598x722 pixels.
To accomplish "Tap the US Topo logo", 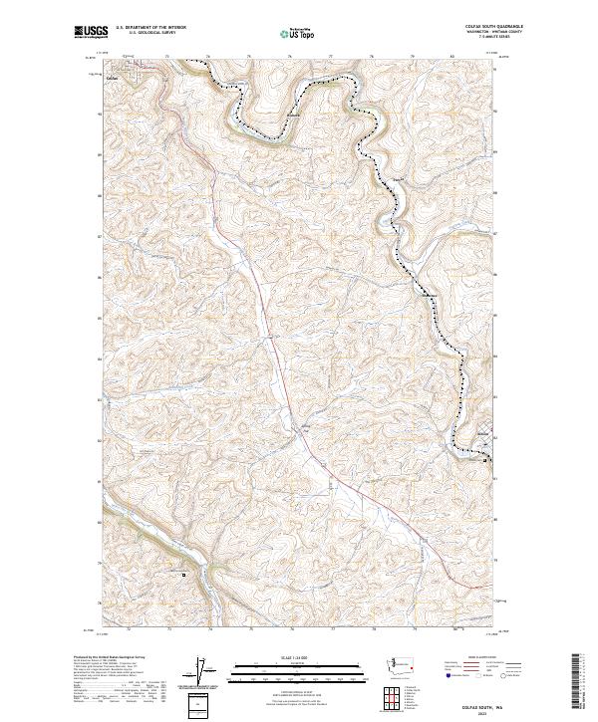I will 300,34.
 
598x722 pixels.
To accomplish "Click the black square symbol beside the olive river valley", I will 183,575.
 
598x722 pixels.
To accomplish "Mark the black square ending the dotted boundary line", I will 485,461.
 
